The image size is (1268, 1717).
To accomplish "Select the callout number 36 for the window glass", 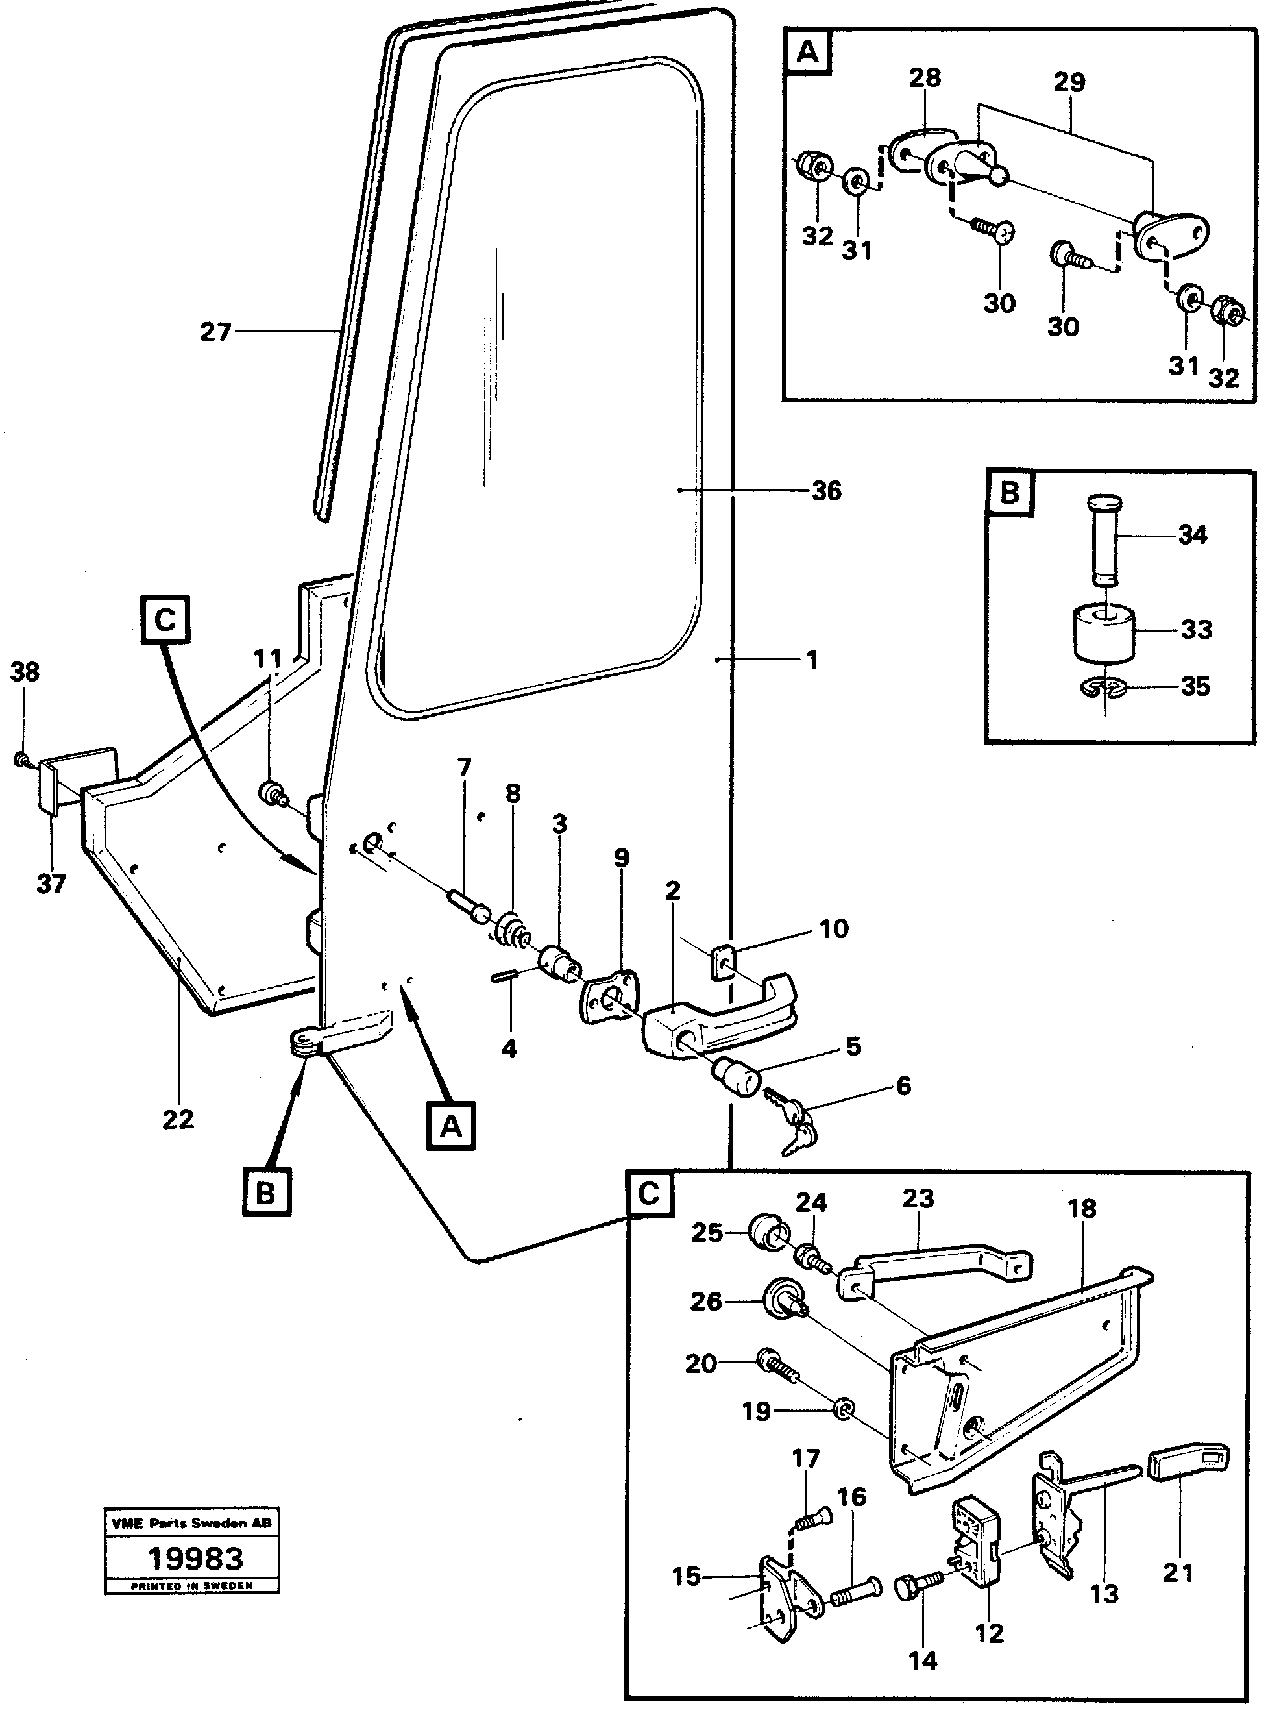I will (826, 491).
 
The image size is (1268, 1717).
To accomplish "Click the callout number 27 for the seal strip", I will (215, 332).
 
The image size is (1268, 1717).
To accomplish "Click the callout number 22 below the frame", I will (178, 1119).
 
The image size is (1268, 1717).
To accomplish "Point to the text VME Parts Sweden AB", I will (192, 1523).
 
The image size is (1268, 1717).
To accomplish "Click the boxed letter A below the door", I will (451, 1126).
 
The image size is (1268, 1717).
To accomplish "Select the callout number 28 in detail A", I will (925, 77).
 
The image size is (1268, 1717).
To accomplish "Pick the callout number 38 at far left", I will (25, 672).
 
